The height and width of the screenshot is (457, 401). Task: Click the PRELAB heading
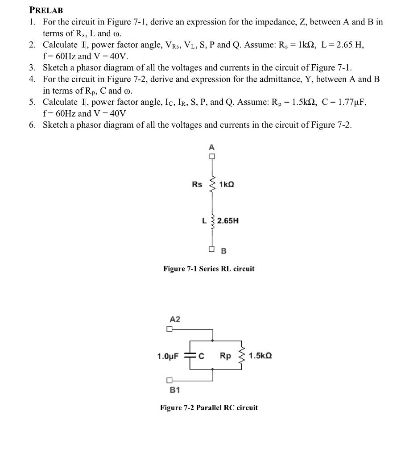pyautogui.click(x=46, y=9)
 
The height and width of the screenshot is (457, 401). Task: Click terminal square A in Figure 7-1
pyautogui.click(x=212, y=156)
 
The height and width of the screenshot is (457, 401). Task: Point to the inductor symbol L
pyautogui.click(x=212, y=221)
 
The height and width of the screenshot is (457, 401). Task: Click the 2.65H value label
pyautogui.click(x=228, y=220)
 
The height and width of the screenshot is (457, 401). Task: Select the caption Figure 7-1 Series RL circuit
pyautogui.click(x=209, y=269)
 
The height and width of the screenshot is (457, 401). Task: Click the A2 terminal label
pyautogui.click(x=175, y=319)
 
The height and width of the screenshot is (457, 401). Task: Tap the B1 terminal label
pyautogui.click(x=175, y=390)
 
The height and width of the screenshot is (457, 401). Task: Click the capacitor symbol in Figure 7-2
pyautogui.click(x=191, y=356)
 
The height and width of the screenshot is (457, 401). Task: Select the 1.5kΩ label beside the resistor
pyautogui.click(x=260, y=356)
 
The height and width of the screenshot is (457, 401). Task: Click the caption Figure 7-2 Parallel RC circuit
pyautogui.click(x=209, y=407)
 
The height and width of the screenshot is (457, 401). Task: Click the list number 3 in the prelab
pyautogui.click(x=32, y=68)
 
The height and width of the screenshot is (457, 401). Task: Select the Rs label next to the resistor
pyautogui.click(x=197, y=184)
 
